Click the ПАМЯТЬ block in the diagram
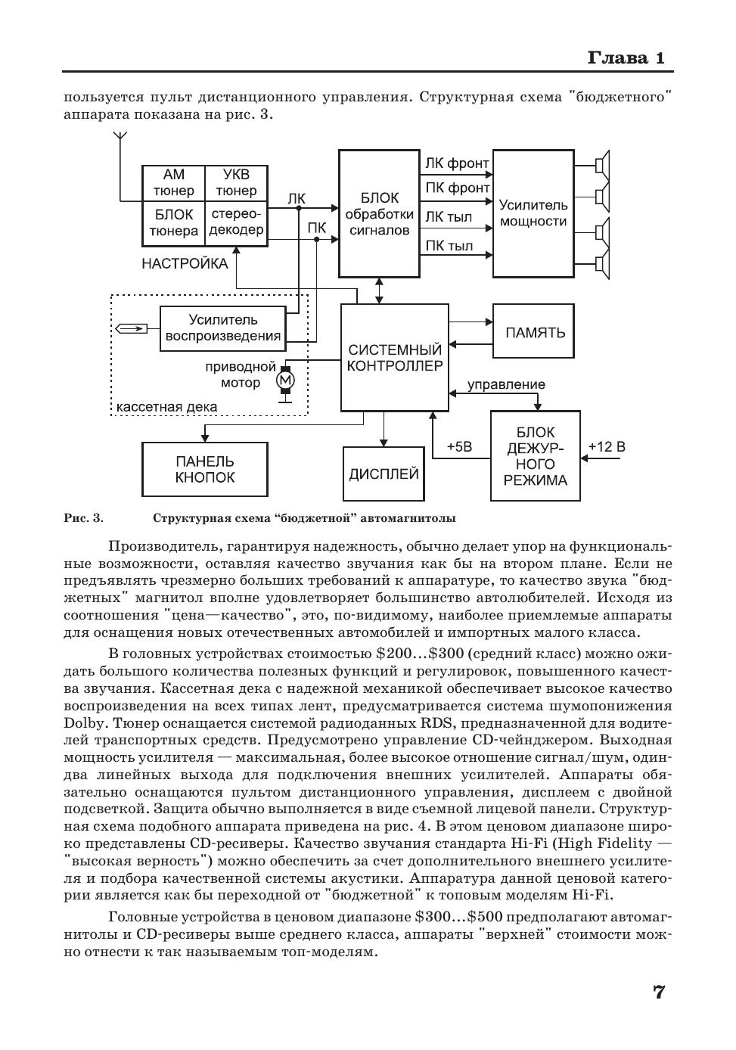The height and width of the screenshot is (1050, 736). click(x=535, y=332)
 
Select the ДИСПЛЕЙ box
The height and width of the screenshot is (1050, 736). click(x=384, y=474)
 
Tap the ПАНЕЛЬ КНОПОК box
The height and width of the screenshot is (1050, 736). click(x=204, y=469)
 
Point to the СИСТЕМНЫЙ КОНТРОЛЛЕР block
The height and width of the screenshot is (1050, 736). click(x=393, y=358)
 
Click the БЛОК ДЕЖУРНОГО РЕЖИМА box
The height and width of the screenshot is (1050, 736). click(x=536, y=455)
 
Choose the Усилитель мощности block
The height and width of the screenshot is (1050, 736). click(x=533, y=213)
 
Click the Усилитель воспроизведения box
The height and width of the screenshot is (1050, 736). click(x=223, y=328)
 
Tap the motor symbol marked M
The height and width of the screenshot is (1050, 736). click(x=285, y=380)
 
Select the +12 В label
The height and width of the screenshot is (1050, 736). click(x=607, y=446)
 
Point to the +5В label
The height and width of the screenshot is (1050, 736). click(x=459, y=446)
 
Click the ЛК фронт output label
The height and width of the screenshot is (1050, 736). click(x=456, y=163)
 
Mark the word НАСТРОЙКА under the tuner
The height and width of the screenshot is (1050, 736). click(x=184, y=264)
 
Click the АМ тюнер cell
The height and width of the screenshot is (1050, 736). click(x=173, y=183)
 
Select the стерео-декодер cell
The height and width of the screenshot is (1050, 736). click(x=236, y=222)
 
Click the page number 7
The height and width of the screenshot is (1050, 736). click(x=658, y=992)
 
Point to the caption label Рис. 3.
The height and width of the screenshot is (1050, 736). click(x=83, y=518)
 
